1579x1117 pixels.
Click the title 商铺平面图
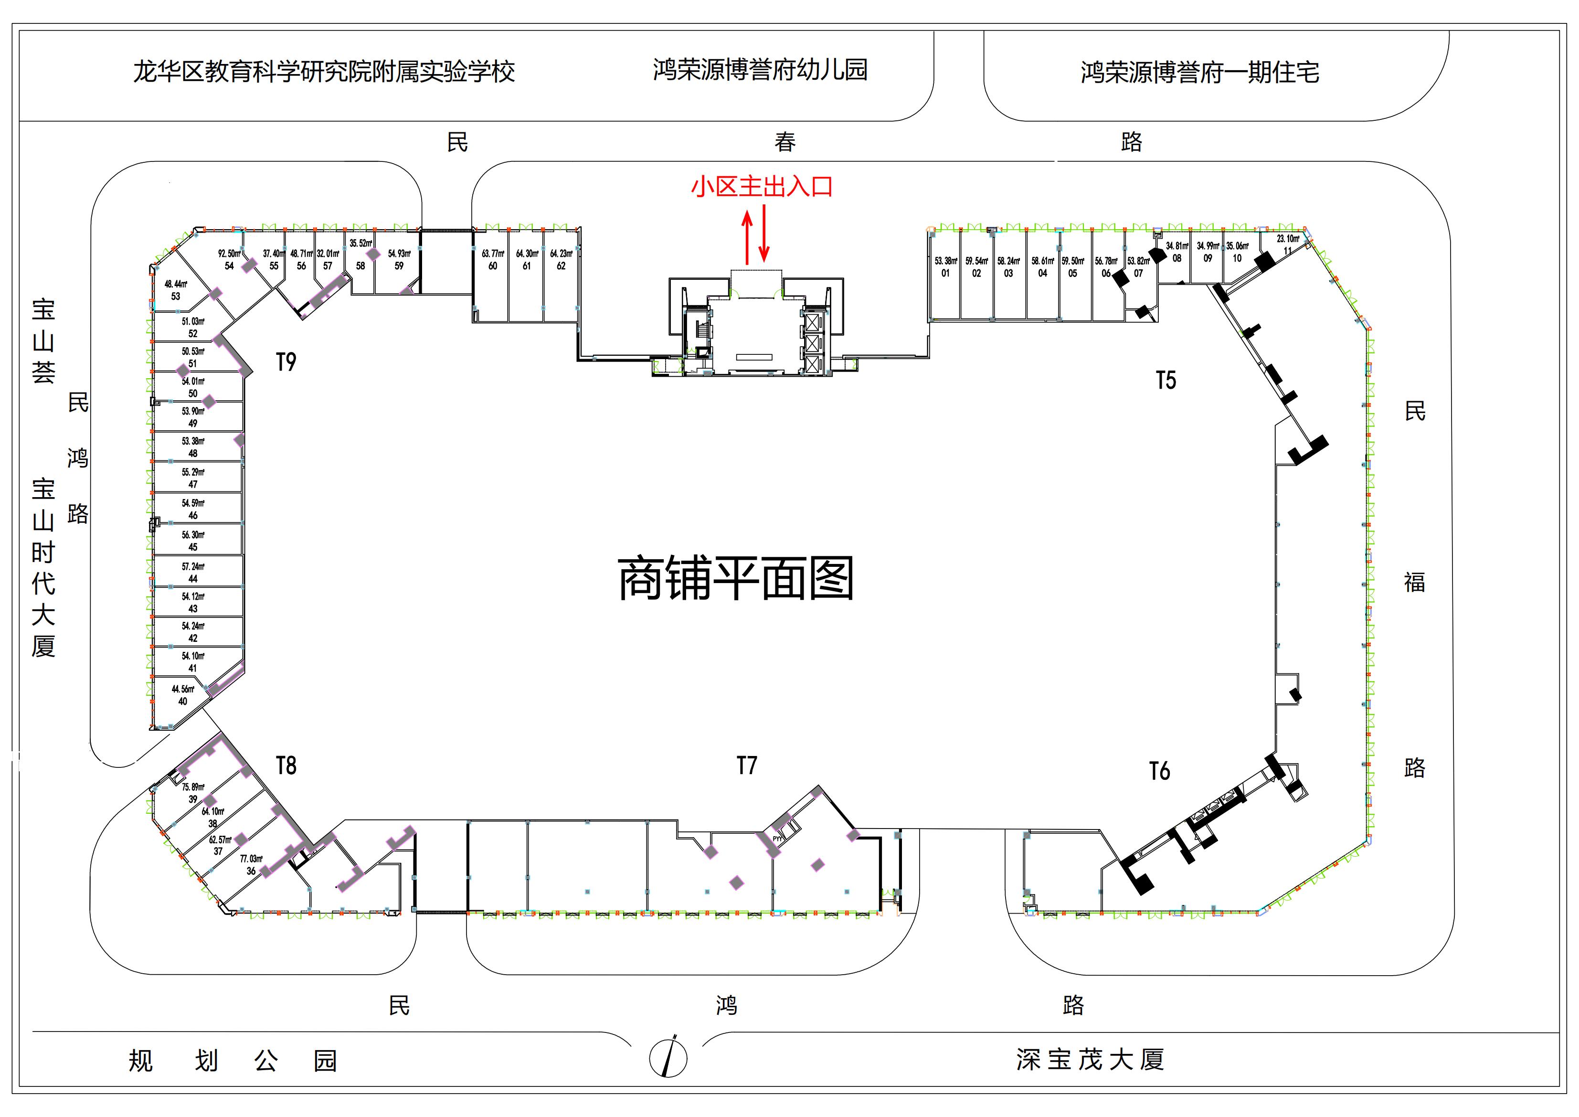pos(736,579)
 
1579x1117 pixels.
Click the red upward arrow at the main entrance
pos(748,238)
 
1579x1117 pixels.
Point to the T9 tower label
pos(286,362)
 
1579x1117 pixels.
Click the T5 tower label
pos(1166,380)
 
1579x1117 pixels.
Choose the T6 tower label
pos(1159,771)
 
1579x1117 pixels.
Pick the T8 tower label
pos(286,766)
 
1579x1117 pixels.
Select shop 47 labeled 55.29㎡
pos(192,478)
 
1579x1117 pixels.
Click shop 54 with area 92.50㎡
pos(229,260)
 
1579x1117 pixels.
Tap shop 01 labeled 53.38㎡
pos(945,267)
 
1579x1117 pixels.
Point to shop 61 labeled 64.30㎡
pos(527,260)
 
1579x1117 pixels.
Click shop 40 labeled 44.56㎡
pos(183,695)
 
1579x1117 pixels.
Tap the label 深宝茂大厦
pos(1090,1060)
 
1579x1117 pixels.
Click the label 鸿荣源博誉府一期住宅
pos(1199,72)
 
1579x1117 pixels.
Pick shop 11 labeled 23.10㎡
pos(1287,244)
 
